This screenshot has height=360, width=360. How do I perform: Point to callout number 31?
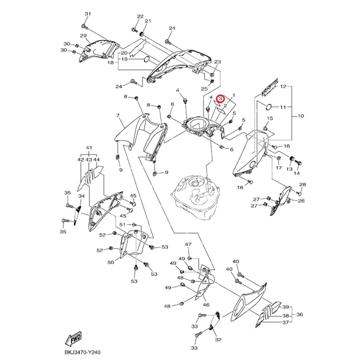[x=88, y=14]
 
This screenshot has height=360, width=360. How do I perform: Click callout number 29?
[x=83, y=36]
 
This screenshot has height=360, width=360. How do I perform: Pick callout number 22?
[x=140, y=17]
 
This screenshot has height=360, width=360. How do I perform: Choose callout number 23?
[x=217, y=62]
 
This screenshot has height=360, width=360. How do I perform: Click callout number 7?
[x=118, y=115]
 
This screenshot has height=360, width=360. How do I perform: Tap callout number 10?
[x=301, y=116]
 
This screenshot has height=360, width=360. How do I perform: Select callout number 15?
[x=270, y=118]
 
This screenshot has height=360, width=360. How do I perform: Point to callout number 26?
[x=301, y=201]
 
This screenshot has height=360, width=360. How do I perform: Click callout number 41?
[x=89, y=148]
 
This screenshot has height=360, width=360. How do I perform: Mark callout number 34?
[x=81, y=196]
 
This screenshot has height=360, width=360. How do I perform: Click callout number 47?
[x=188, y=244]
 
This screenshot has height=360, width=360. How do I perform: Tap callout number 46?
[x=206, y=305]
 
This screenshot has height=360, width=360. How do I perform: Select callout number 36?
[x=300, y=315]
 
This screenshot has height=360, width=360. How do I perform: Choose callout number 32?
[x=218, y=340]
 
